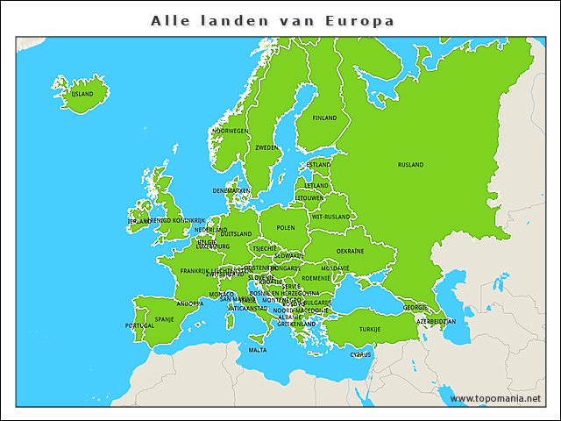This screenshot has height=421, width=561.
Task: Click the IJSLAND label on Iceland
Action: point(82,94)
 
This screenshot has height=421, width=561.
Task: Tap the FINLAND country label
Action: point(324,118)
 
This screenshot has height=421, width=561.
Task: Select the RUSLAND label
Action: point(410,165)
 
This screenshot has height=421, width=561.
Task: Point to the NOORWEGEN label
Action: point(231,131)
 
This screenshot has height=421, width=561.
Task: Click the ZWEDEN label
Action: point(266,148)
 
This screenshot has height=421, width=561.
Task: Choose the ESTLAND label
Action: point(318,165)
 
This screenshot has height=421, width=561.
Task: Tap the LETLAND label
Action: point(316,186)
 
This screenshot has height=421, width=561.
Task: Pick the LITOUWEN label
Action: point(310,198)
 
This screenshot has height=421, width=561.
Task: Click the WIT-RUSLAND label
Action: point(330,216)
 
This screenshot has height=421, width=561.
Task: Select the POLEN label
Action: point(286,227)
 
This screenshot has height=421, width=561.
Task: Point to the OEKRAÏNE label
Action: point(351,251)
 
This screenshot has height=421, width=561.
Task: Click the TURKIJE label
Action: point(370,329)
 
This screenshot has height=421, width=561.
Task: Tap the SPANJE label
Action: point(164,319)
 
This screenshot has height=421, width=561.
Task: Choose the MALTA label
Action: point(258,350)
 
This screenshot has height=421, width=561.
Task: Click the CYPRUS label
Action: point(361,355)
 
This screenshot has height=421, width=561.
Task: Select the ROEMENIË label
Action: point(316,278)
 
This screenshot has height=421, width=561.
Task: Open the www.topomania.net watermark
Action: point(495,398)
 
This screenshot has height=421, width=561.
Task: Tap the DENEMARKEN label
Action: point(231,190)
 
